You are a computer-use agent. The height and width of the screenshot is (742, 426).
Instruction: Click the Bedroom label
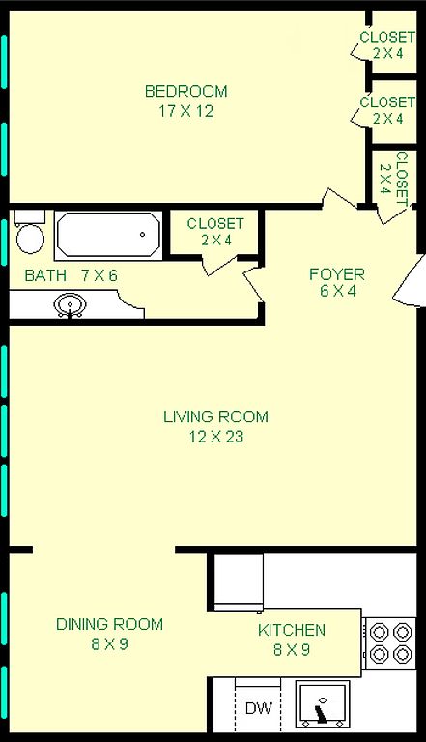[x=186, y=91]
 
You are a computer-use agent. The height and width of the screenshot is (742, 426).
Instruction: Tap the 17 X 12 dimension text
[x=186, y=111]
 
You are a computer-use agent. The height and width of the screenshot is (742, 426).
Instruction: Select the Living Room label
[x=215, y=416]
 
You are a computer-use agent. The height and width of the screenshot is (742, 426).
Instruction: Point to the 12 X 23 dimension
[x=216, y=437]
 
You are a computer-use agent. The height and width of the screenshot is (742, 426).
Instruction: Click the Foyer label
[x=337, y=274]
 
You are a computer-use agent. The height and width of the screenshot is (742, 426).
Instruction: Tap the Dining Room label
[x=109, y=624]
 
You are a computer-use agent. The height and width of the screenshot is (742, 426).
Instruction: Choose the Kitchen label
[x=292, y=630]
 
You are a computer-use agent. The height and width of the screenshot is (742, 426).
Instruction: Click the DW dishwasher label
[x=259, y=708]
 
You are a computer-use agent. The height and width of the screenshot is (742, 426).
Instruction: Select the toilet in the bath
[x=30, y=232]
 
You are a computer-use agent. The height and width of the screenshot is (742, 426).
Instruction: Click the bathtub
[x=108, y=234]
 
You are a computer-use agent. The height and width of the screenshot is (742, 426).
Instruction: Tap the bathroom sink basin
[x=71, y=304]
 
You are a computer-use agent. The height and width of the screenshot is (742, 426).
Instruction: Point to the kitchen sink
[x=323, y=704]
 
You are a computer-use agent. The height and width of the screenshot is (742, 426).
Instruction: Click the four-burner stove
[x=390, y=643]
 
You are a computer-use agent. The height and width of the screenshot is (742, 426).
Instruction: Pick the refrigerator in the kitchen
[x=239, y=582]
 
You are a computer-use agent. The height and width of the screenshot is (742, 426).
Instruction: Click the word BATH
[x=45, y=275]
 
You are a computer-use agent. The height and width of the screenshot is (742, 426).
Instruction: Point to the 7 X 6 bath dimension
[x=99, y=275]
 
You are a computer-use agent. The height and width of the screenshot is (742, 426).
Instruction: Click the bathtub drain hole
[x=142, y=234]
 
